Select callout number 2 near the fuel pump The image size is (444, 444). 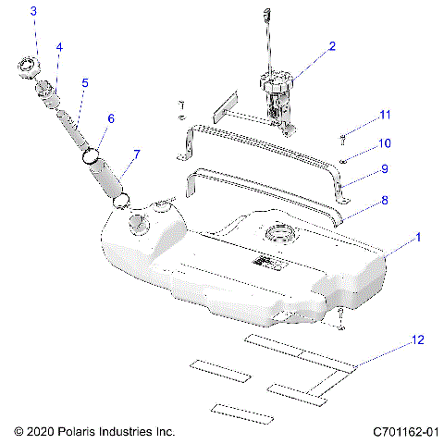point(332,45)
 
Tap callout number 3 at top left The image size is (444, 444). point(33,12)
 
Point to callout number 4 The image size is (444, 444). point(59,45)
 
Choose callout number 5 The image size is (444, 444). point(85,82)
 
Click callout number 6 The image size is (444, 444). point(111,118)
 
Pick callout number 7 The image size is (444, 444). point(137,154)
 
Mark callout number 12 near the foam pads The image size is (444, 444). point(419,341)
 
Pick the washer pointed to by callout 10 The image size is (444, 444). point(343,160)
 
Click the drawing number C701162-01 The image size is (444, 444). point(404,431)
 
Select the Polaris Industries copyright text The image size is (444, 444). point(94,431)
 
